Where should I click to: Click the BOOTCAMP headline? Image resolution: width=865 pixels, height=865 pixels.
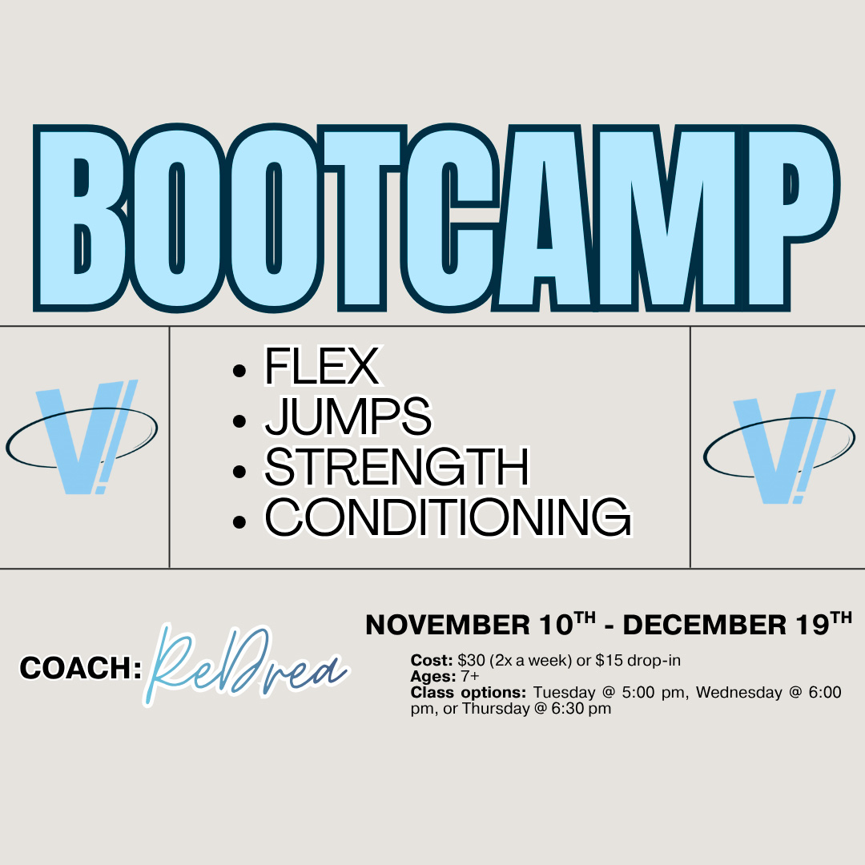pyautogui.click(x=437, y=218)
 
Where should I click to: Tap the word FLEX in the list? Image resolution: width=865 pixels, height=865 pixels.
pyautogui.click(x=323, y=365)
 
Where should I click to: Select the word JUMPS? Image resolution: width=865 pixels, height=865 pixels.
pyautogui.click(x=348, y=416)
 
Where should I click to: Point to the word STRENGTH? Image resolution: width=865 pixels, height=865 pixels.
pyautogui.click(x=397, y=467)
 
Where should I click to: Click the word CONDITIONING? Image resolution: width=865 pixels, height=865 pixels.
pyautogui.click(x=448, y=517)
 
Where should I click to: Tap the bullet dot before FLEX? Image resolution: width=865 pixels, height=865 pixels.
pyautogui.click(x=239, y=370)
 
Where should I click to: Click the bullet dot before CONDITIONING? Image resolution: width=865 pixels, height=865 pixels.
pyautogui.click(x=239, y=522)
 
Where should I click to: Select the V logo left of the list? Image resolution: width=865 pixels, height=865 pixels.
pyautogui.click(x=82, y=437)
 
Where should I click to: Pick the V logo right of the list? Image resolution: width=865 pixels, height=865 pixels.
pyautogui.click(x=779, y=447)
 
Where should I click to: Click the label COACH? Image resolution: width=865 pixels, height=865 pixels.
pyautogui.click(x=81, y=667)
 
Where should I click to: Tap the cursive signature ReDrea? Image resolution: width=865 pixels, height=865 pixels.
pyautogui.click(x=246, y=664)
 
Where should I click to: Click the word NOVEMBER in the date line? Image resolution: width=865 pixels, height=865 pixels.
pyautogui.click(x=448, y=625)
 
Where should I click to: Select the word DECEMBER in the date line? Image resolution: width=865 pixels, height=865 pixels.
pyautogui.click(x=705, y=625)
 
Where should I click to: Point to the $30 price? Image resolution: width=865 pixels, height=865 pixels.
pyautogui.click(x=471, y=660)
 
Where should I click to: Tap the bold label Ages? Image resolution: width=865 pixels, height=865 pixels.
pyautogui.click(x=433, y=676)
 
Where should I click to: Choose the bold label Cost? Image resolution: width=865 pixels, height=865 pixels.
pyautogui.click(x=432, y=660)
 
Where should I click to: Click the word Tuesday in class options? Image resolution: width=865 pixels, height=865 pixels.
pyautogui.click(x=565, y=692)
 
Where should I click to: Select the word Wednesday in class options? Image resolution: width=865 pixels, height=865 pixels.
pyautogui.click(x=739, y=692)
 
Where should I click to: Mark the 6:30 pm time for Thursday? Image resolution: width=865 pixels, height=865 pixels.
pyautogui.click(x=581, y=708)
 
